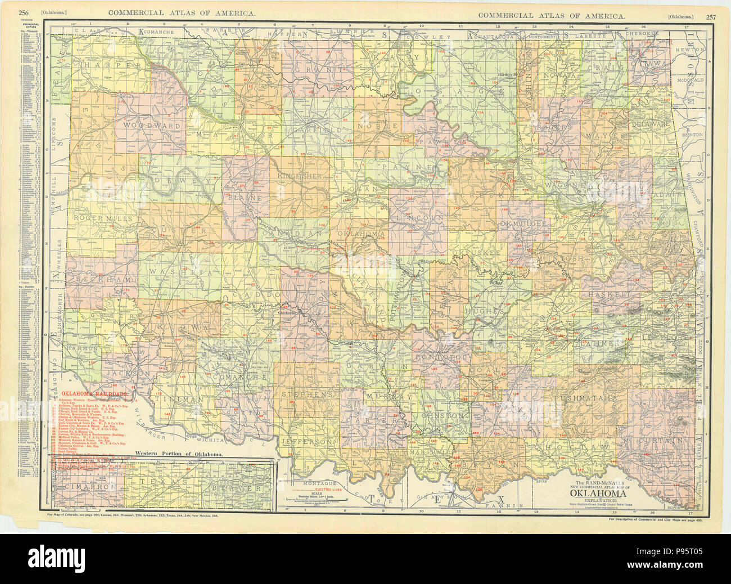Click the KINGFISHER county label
click(x=299, y=176)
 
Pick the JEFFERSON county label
click(x=307, y=442)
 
